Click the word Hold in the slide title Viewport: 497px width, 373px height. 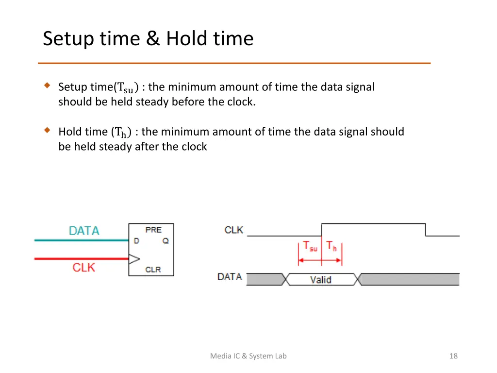186,38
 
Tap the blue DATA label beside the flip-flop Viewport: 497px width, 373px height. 84,231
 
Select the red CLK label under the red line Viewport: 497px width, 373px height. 84,267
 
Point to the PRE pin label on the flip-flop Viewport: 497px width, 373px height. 153,229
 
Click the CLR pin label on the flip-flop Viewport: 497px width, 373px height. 153,269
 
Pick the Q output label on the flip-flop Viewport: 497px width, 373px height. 166,240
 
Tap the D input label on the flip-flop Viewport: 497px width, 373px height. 136,240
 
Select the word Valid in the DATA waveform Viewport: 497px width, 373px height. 320,279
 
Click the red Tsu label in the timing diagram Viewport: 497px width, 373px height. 310,246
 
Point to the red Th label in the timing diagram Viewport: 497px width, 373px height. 331,246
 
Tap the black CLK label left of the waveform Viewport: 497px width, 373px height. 233,230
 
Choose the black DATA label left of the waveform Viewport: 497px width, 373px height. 230,277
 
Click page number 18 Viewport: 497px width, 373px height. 453,356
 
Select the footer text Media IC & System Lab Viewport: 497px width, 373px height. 248,356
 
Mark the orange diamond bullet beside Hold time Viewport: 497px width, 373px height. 47,130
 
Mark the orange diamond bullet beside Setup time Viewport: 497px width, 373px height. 47,86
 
